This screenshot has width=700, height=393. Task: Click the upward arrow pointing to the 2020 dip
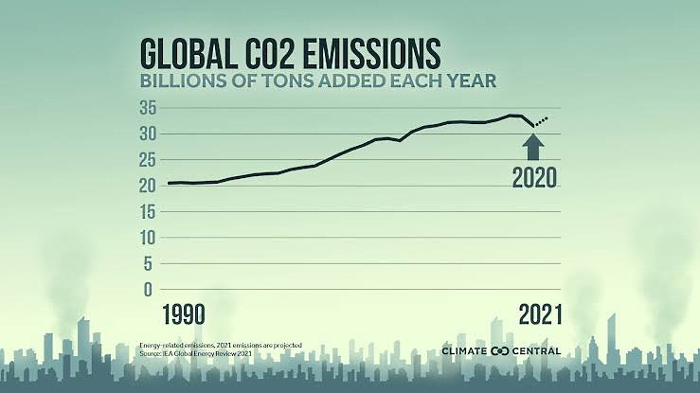point(533,146)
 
